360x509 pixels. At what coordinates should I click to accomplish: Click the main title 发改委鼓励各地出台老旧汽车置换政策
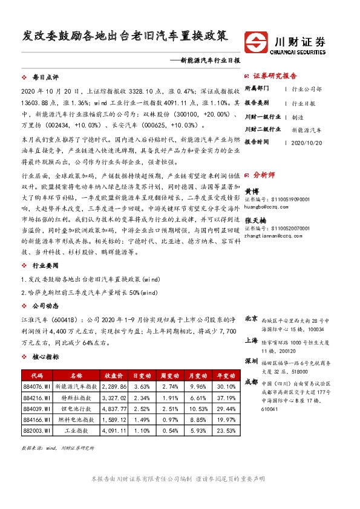point(125,35)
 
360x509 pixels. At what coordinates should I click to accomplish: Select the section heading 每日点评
point(45,78)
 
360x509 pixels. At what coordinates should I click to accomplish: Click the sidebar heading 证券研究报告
point(275,76)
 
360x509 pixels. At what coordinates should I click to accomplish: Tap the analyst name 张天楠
point(256,221)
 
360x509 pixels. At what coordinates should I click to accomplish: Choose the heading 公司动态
point(45,305)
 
